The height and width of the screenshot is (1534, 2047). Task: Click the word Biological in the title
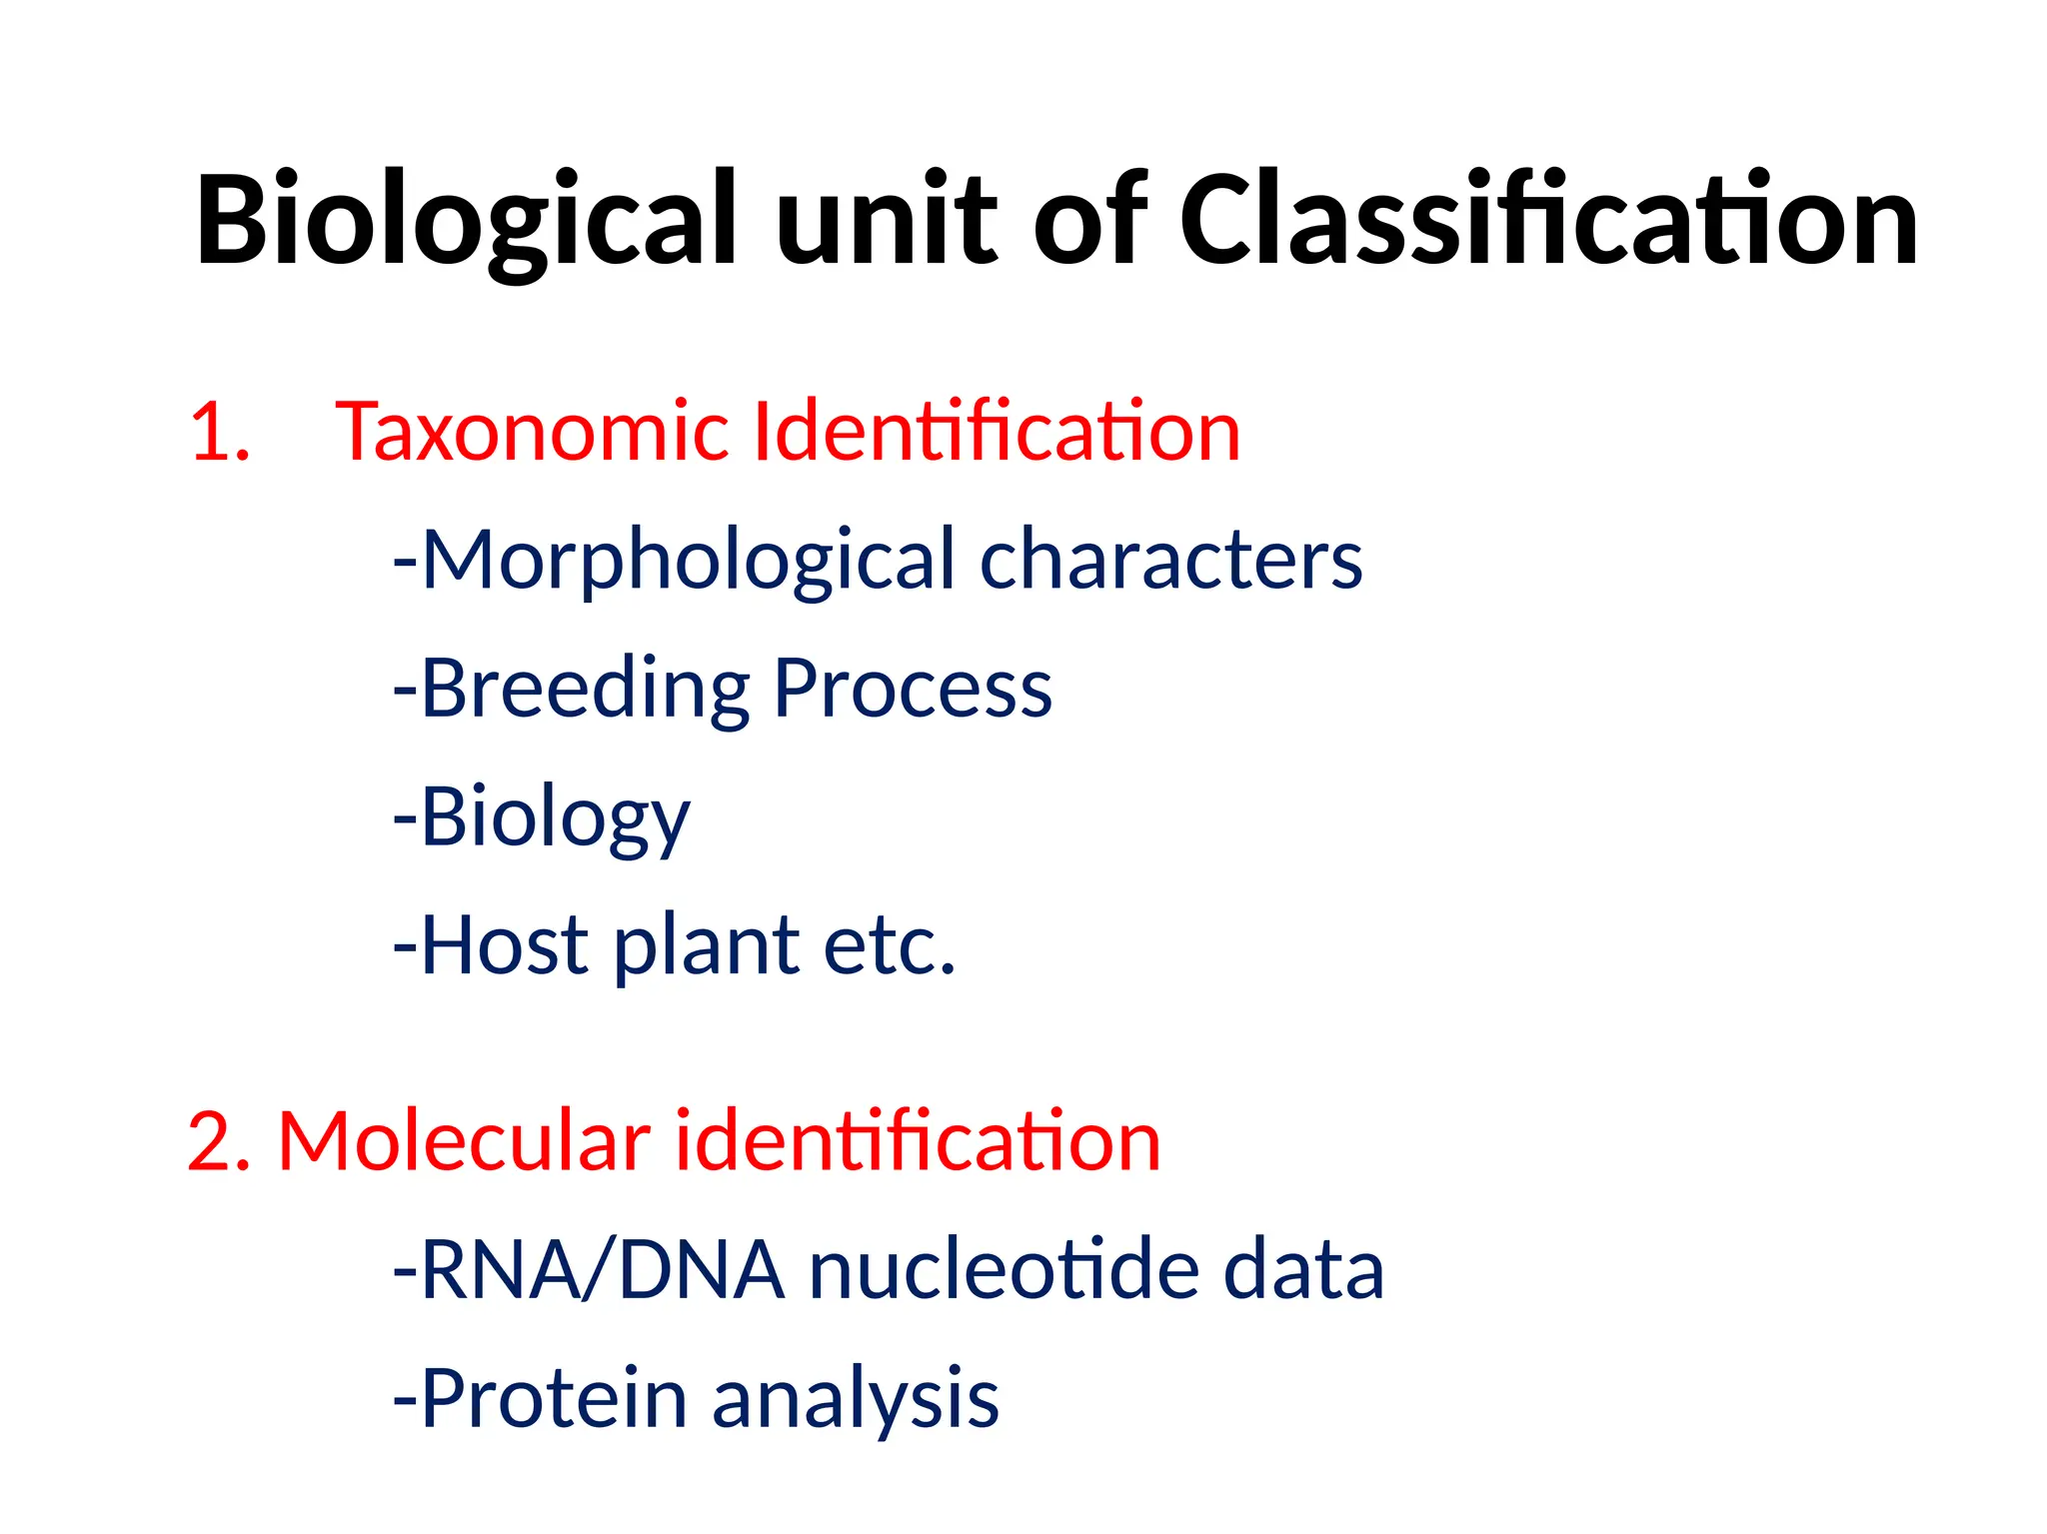click(465, 222)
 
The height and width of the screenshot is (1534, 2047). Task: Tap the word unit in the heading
click(886, 222)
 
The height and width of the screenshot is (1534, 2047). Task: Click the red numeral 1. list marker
click(219, 432)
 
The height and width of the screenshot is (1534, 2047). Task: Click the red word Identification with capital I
click(996, 432)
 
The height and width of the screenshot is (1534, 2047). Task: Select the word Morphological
click(689, 561)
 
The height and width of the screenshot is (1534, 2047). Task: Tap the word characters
click(1170, 561)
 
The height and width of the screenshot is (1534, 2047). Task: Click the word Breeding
click(585, 689)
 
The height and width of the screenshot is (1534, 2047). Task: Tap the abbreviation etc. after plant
click(890, 945)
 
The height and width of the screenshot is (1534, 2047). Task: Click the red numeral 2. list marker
click(219, 1141)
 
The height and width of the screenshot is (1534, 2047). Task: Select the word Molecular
click(465, 1141)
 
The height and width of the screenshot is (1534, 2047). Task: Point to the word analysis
click(855, 1398)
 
